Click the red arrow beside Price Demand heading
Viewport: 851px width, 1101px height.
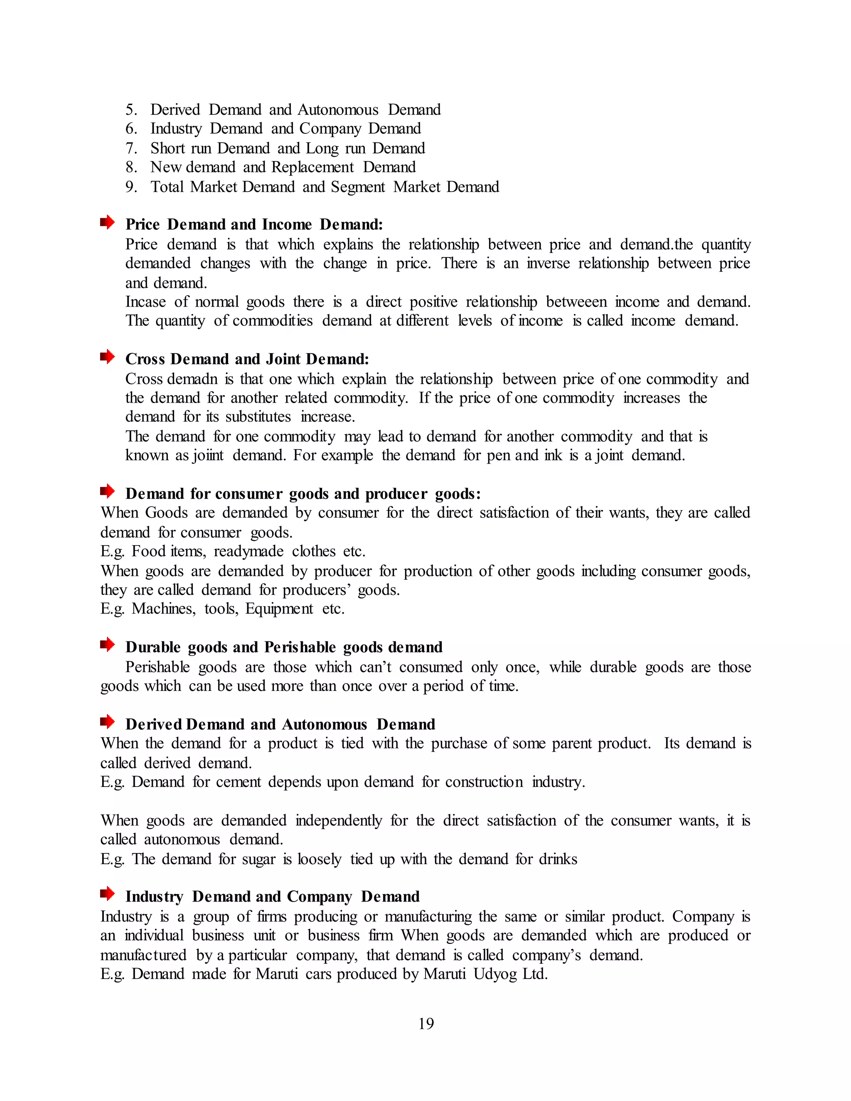point(107,222)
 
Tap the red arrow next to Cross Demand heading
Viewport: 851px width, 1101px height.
point(107,357)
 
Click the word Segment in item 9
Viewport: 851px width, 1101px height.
point(357,187)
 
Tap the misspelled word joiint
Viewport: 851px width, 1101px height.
point(208,455)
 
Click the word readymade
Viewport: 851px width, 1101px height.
point(248,551)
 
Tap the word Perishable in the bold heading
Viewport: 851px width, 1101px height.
point(300,647)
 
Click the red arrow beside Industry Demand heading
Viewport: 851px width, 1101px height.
point(107,895)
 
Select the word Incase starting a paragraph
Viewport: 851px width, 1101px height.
point(145,302)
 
